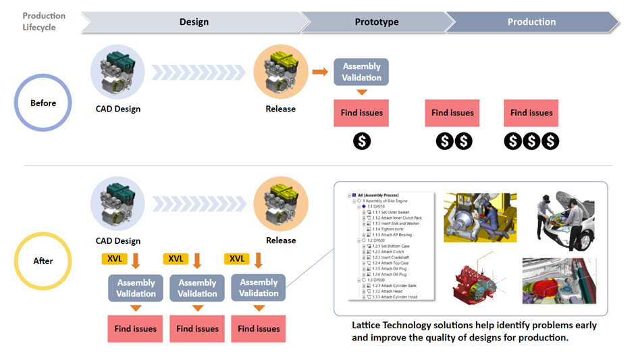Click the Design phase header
[x=194, y=22]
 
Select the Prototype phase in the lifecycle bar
[x=376, y=22]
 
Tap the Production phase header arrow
[x=531, y=22]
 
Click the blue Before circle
[x=43, y=103]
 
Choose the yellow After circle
[x=43, y=261]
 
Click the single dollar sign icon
[x=362, y=141]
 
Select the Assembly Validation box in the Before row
[x=361, y=72]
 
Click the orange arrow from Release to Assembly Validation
[x=319, y=71]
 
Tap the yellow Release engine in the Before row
[x=280, y=72]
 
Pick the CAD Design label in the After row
[x=118, y=240]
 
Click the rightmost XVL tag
[x=237, y=259]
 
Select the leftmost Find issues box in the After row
[x=135, y=329]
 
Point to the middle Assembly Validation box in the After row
[x=197, y=288]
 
